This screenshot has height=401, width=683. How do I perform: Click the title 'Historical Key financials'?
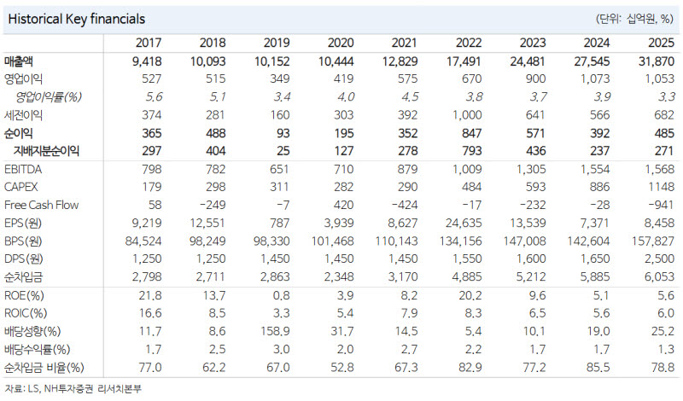tap(76, 19)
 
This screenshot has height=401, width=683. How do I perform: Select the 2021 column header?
tap(404, 43)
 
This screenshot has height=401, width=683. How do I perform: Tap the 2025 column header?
tap(661, 43)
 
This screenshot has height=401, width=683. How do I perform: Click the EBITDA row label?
tap(23, 169)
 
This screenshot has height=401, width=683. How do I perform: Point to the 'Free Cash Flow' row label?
tap(41, 205)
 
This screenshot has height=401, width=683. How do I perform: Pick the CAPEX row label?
tap(20, 187)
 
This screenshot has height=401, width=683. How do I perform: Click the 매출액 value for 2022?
tap(464, 61)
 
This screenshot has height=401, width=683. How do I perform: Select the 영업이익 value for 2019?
tap(280, 78)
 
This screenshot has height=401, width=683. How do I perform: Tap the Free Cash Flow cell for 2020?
tap(343, 205)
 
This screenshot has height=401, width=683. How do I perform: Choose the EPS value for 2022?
tap(464, 223)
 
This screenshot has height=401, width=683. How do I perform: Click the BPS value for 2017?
tap(143, 241)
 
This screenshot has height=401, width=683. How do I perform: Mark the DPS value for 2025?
tap(659, 259)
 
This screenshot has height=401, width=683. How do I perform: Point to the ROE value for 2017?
tap(150, 296)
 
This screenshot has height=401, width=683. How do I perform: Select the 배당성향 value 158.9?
tap(275, 331)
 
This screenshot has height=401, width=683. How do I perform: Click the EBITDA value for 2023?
tap(531, 169)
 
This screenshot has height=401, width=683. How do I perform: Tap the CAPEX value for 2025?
tap(661, 187)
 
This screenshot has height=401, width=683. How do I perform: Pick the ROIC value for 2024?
tap(601, 313)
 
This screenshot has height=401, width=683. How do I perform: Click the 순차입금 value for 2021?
tap(403, 276)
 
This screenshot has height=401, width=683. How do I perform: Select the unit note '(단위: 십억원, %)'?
tap(634, 19)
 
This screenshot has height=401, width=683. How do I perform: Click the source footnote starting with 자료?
tap(73, 388)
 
